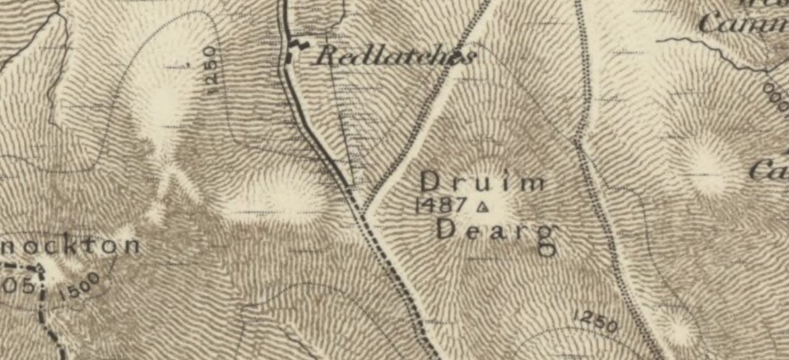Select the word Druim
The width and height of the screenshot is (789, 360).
click(483, 182)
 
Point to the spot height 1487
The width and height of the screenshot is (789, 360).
click(441, 205)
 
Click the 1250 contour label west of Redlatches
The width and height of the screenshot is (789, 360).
click(211, 71)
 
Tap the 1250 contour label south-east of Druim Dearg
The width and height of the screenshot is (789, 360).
click(596, 321)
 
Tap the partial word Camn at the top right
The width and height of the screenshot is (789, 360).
click(742, 22)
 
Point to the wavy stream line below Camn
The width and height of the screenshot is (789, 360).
click(715, 52)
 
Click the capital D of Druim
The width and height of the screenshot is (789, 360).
click(431, 182)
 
